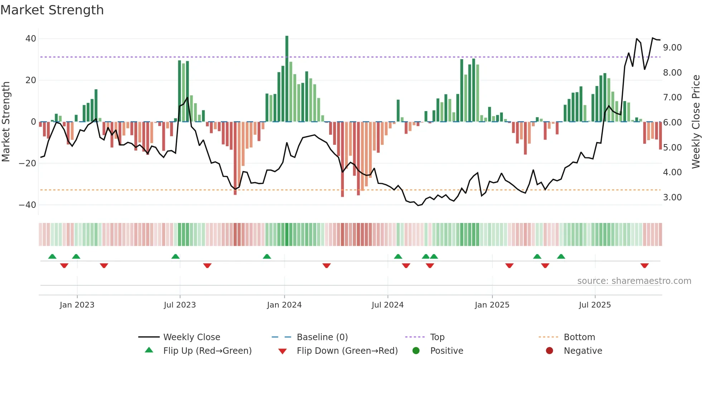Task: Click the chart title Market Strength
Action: click(x=52, y=10)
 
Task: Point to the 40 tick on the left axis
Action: click(x=31, y=39)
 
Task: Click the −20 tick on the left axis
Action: click(x=28, y=163)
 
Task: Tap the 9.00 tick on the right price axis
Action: click(x=672, y=48)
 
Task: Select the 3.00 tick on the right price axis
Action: click(x=672, y=197)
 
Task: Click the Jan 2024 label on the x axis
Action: click(x=284, y=305)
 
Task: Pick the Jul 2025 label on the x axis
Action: click(x=595, y=305)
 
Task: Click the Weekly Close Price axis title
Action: click(x=696, y=122)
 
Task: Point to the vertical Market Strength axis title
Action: click(x=6, y=122)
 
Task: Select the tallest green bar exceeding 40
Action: click(x=287, y=79)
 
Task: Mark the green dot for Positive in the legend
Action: click(x=416, y=351)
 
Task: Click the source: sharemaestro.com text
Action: click(x=634, y=281)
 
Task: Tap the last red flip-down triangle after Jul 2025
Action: click(x=644, y=266)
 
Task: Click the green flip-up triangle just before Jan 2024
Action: click(x=267, y=257)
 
